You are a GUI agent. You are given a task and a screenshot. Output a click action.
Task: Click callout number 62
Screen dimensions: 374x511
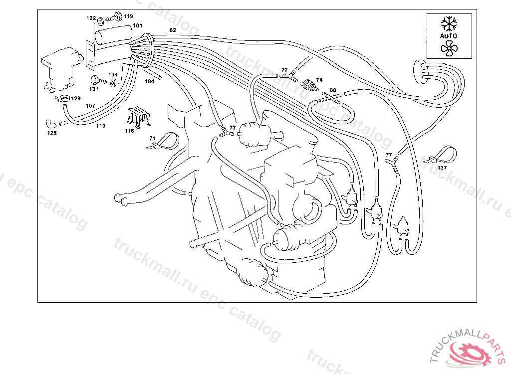coord(173,30)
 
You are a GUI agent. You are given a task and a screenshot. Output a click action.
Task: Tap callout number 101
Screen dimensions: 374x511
coord(137,25)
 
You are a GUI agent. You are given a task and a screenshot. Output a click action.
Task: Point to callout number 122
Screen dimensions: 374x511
coord(91,18)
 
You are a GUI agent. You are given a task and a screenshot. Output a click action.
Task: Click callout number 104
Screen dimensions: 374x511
coord(150,81)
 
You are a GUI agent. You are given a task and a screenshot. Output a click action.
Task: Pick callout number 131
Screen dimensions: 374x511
coord(94,89)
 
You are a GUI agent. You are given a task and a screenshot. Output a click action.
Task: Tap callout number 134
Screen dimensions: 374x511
coord(113,75)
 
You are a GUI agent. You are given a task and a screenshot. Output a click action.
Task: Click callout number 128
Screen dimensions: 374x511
coord(75,98)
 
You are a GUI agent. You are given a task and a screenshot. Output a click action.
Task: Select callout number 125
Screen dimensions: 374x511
coord(52,133)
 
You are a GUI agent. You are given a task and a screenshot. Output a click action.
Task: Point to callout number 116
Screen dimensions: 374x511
coord(129,131)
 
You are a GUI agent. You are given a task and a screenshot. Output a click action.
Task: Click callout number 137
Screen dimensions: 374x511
coord(442,168)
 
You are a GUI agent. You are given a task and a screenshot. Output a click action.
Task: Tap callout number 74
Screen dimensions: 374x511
coord(319,80)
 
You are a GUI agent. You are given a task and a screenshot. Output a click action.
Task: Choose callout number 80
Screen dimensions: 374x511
coord(333,90)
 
